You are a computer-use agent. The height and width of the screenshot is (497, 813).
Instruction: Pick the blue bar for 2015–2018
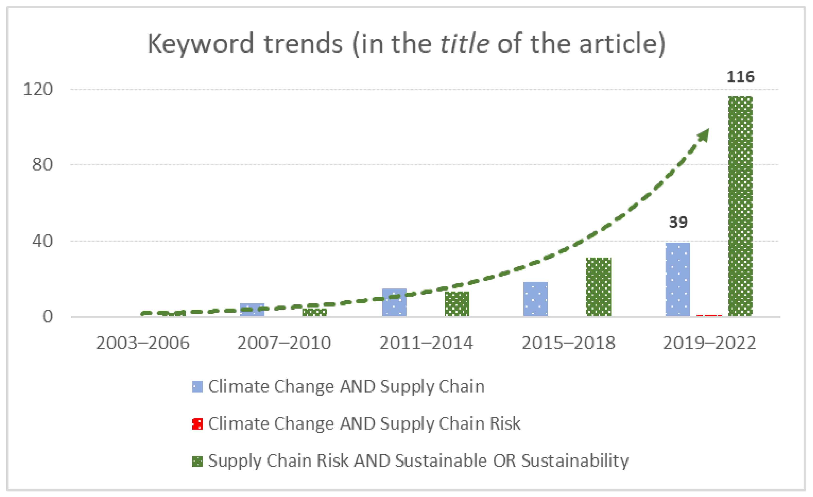[535, 299]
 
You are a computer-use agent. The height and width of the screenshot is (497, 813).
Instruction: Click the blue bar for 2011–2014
[394, 302]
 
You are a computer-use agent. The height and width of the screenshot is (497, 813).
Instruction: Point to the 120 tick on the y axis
[38, 89]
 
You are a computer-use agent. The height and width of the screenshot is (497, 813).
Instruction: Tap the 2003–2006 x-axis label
[143, 343]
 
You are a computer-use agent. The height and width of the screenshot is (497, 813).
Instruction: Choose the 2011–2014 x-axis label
[426, 343]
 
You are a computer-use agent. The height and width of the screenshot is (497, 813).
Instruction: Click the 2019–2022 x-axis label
[709, 343]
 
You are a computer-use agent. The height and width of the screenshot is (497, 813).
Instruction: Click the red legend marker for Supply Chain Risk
[197, 424]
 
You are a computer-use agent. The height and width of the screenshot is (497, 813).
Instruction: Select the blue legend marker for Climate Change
[197, 387]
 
